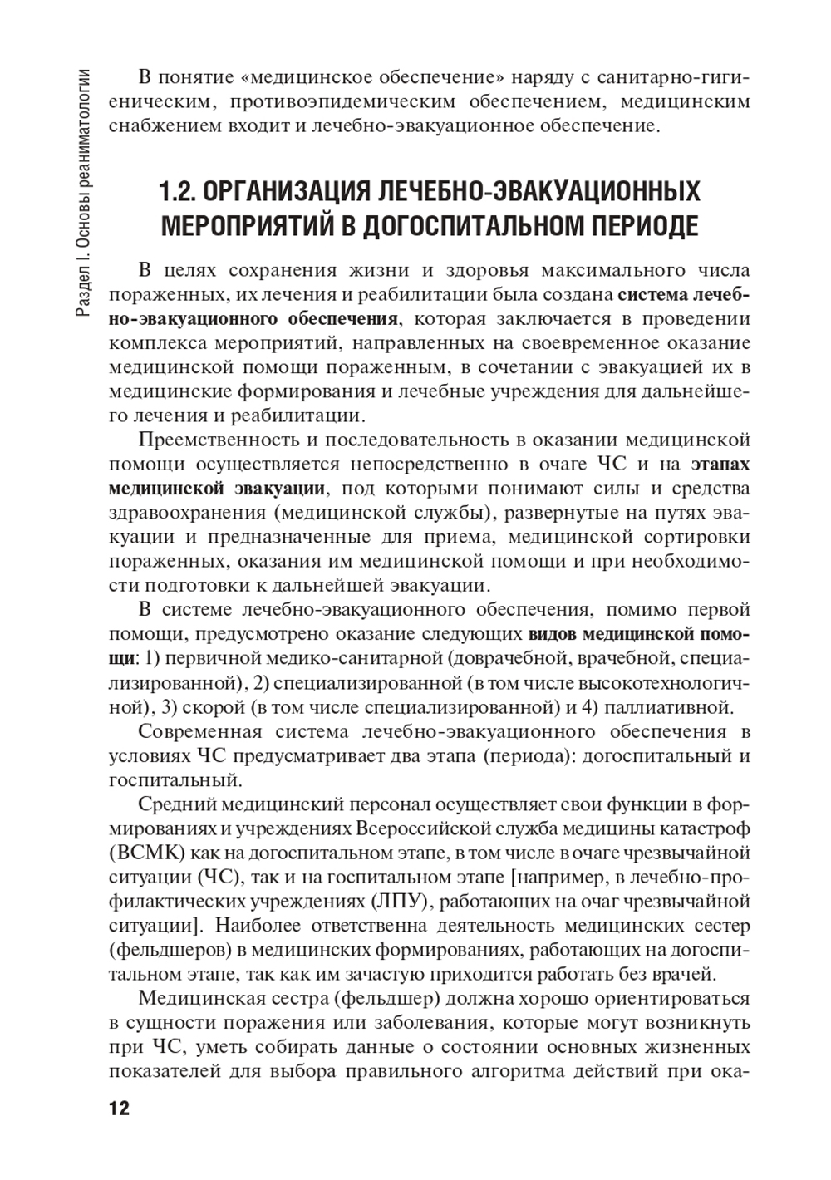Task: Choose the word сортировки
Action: [697, 535]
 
